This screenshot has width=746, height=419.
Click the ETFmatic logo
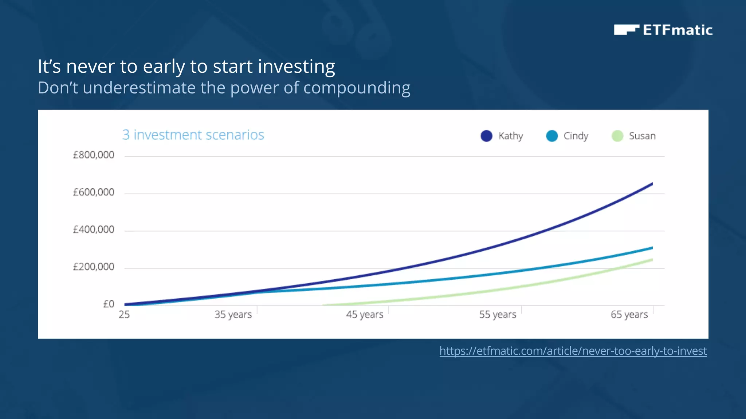(663, 30)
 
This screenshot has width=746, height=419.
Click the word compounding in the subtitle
(357, 88)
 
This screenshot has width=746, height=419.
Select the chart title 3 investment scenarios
(193, 135)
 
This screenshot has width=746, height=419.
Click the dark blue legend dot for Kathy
(486, 136)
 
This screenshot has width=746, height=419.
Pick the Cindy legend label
(576, 136)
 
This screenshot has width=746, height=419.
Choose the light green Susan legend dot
(617, 136)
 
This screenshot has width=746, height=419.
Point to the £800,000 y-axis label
(94, 155)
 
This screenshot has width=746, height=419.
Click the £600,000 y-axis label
(94, 192)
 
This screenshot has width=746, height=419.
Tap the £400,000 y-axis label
(94, 230)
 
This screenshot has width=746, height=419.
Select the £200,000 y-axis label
(94, 267)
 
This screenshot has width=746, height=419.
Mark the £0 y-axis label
(109, 304)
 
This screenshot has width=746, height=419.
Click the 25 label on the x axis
(124, 315)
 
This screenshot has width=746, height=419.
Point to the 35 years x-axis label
(233, 315)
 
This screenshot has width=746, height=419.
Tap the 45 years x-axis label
(365, 315)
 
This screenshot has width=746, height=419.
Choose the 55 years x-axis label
(498, 315)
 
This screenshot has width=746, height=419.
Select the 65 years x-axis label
(629, 315)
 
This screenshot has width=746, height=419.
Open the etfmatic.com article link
(573, 351)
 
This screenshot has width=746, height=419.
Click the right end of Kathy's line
(651, 184)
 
